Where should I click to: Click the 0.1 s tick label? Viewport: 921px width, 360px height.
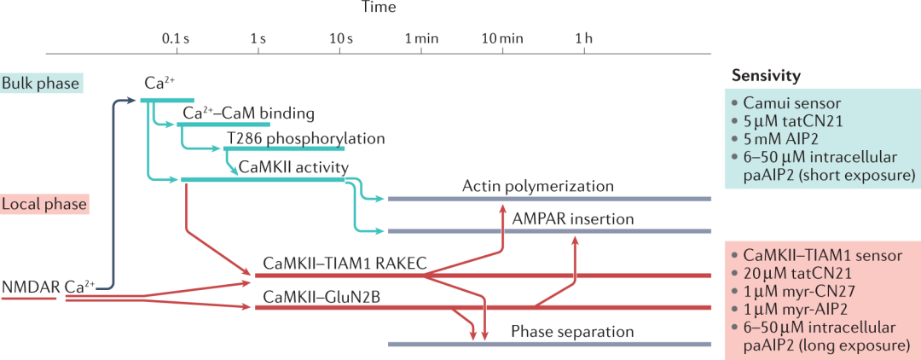175,38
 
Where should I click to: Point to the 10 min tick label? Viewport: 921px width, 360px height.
501,38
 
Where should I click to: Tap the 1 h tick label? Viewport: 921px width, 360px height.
583,38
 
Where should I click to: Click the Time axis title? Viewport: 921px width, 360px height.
377,8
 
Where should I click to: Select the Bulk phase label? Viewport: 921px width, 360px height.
40,83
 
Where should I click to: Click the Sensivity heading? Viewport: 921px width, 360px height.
766,76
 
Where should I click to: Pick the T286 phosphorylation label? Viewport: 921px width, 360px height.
306,137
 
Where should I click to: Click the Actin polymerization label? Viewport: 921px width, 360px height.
538,185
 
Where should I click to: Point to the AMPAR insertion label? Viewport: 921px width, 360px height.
573,218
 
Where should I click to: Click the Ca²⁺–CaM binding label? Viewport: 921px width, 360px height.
249,113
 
